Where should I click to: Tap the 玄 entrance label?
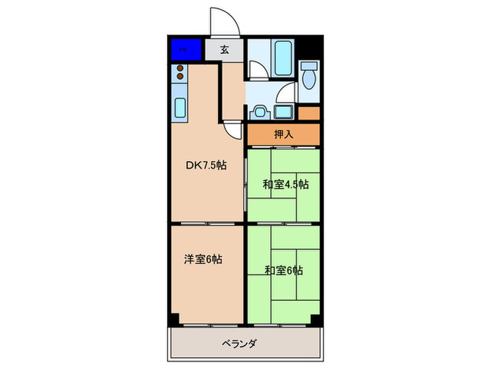coord(224,49)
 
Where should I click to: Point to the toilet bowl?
coord(309,77)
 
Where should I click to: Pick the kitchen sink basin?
coord(180,109)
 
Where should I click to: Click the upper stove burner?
coord(180,69)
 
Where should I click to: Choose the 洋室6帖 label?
coord(203,259)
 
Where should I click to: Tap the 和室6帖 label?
coord(285,269)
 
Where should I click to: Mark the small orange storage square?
coord(309,112)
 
